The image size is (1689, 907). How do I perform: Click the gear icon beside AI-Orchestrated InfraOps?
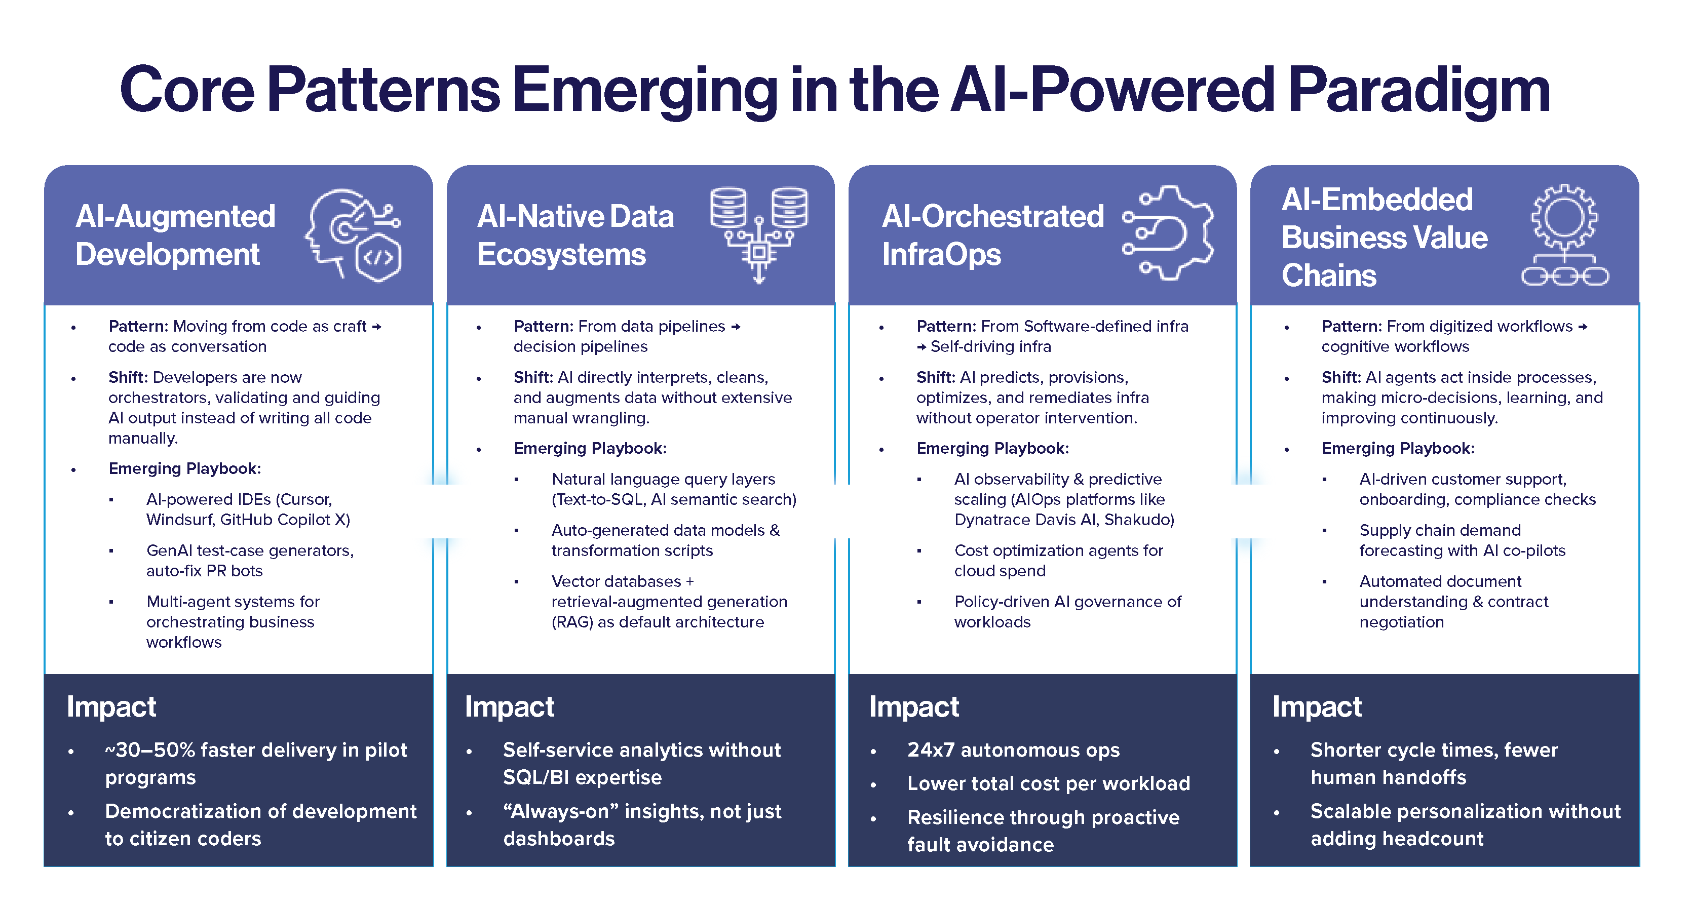pyautogui.click(x=1168, y=232)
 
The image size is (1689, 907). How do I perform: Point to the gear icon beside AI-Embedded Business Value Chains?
pyautogui.click(x=1565, y=234)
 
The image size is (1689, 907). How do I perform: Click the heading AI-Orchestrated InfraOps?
pyautogui.click(x=992, y=234)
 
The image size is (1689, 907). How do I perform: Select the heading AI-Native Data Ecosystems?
pyautogui.click(x=575, y=234)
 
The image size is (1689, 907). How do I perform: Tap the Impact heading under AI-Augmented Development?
pyautogui.click(x=111, y=706)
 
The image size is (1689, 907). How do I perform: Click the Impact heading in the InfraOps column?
pyautogui.click(x=914, y=706)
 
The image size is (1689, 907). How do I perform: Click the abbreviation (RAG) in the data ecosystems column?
pyautogui.click(x=572, y=622)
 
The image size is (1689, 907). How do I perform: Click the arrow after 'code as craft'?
pyautogui.click(x=376, y=326)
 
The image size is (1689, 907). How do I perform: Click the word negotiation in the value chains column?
pyautogui.click(x=1401, y=622)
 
